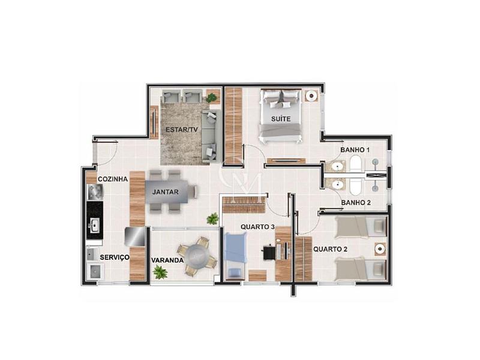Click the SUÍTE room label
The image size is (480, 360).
281,118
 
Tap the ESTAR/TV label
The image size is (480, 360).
182,130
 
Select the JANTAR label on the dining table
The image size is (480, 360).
166,192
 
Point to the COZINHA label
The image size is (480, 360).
113,179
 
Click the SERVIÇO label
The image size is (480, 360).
115,257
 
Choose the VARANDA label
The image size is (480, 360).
167,260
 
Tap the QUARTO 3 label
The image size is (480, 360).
257,227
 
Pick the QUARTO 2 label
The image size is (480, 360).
331,249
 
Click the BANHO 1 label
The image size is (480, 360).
355,149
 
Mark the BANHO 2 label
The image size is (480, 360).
356,203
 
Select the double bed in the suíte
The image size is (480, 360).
281,116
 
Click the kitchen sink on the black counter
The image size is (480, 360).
95,226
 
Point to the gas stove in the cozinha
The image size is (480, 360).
95,192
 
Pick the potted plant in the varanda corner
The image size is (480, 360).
160,272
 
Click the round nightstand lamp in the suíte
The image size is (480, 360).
311,96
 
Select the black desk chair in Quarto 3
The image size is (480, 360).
268,252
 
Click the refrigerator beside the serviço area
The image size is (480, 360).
134,236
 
